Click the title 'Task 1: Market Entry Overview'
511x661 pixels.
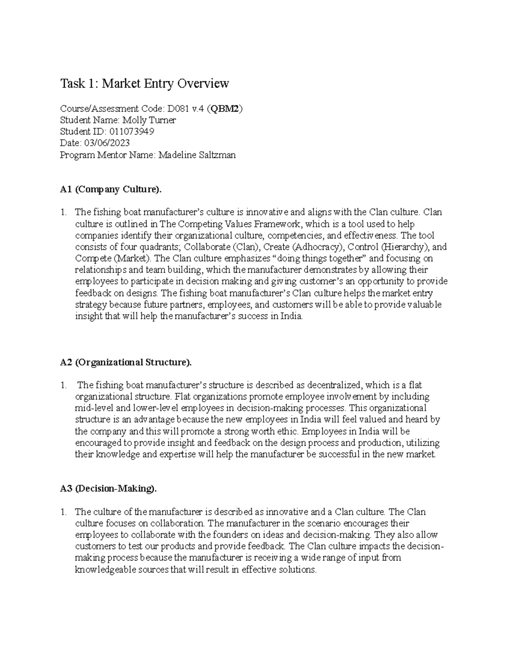pos(145,83)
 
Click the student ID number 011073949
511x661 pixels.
pos(132,132)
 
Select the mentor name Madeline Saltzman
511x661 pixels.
pos(197,155)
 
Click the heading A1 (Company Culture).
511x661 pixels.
pos(111,189)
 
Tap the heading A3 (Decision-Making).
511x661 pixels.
pos(109,489)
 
